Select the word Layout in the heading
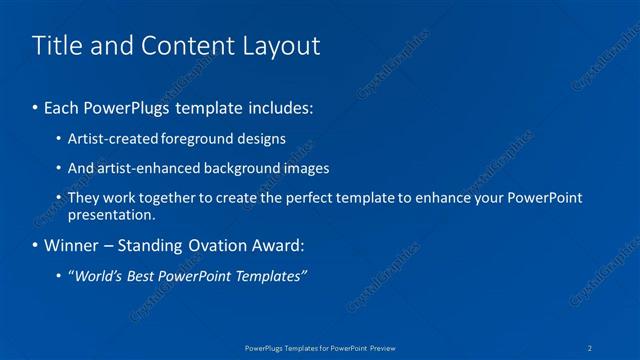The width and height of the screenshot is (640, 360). pyautogui.click(x=283, y=46)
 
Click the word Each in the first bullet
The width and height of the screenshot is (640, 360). pyautogui.click(x=61, y=105)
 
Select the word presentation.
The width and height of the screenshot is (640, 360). pyautogui.click(x=112, y=214)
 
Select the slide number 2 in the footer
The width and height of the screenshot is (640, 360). pyautogui.click(x=591, y=347)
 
